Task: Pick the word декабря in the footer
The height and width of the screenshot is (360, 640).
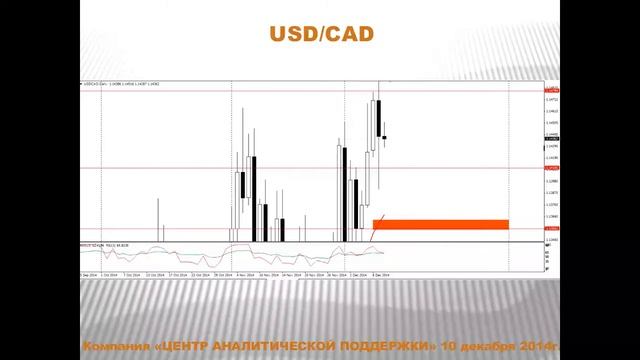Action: point(487,345)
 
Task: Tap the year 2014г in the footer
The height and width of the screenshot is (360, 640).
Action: point(540,345)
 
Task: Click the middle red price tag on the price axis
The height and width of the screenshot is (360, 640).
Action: point(551,168)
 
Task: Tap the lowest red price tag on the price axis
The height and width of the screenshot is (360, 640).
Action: point(551,229)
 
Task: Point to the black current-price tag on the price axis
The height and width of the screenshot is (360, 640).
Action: point(551,137)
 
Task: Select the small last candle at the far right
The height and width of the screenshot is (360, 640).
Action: point(385,137)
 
